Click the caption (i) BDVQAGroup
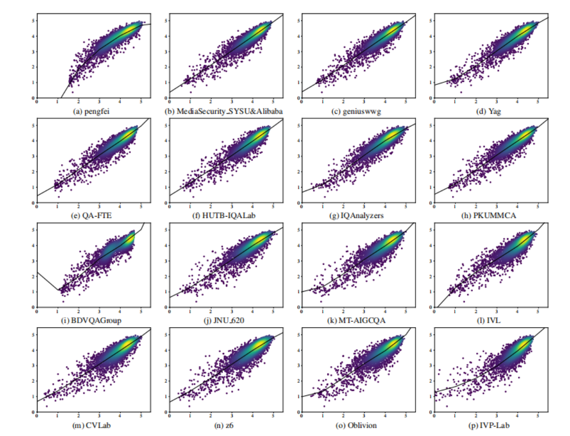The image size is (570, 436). pos(93,321)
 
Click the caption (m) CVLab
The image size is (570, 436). pos(93,426)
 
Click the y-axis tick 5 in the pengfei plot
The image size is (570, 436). pos(33,21)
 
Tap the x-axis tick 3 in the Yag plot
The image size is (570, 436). pos(497,101)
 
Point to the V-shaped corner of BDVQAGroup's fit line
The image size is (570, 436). pos(58,291)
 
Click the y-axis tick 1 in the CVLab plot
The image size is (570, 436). pos(33,396)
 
